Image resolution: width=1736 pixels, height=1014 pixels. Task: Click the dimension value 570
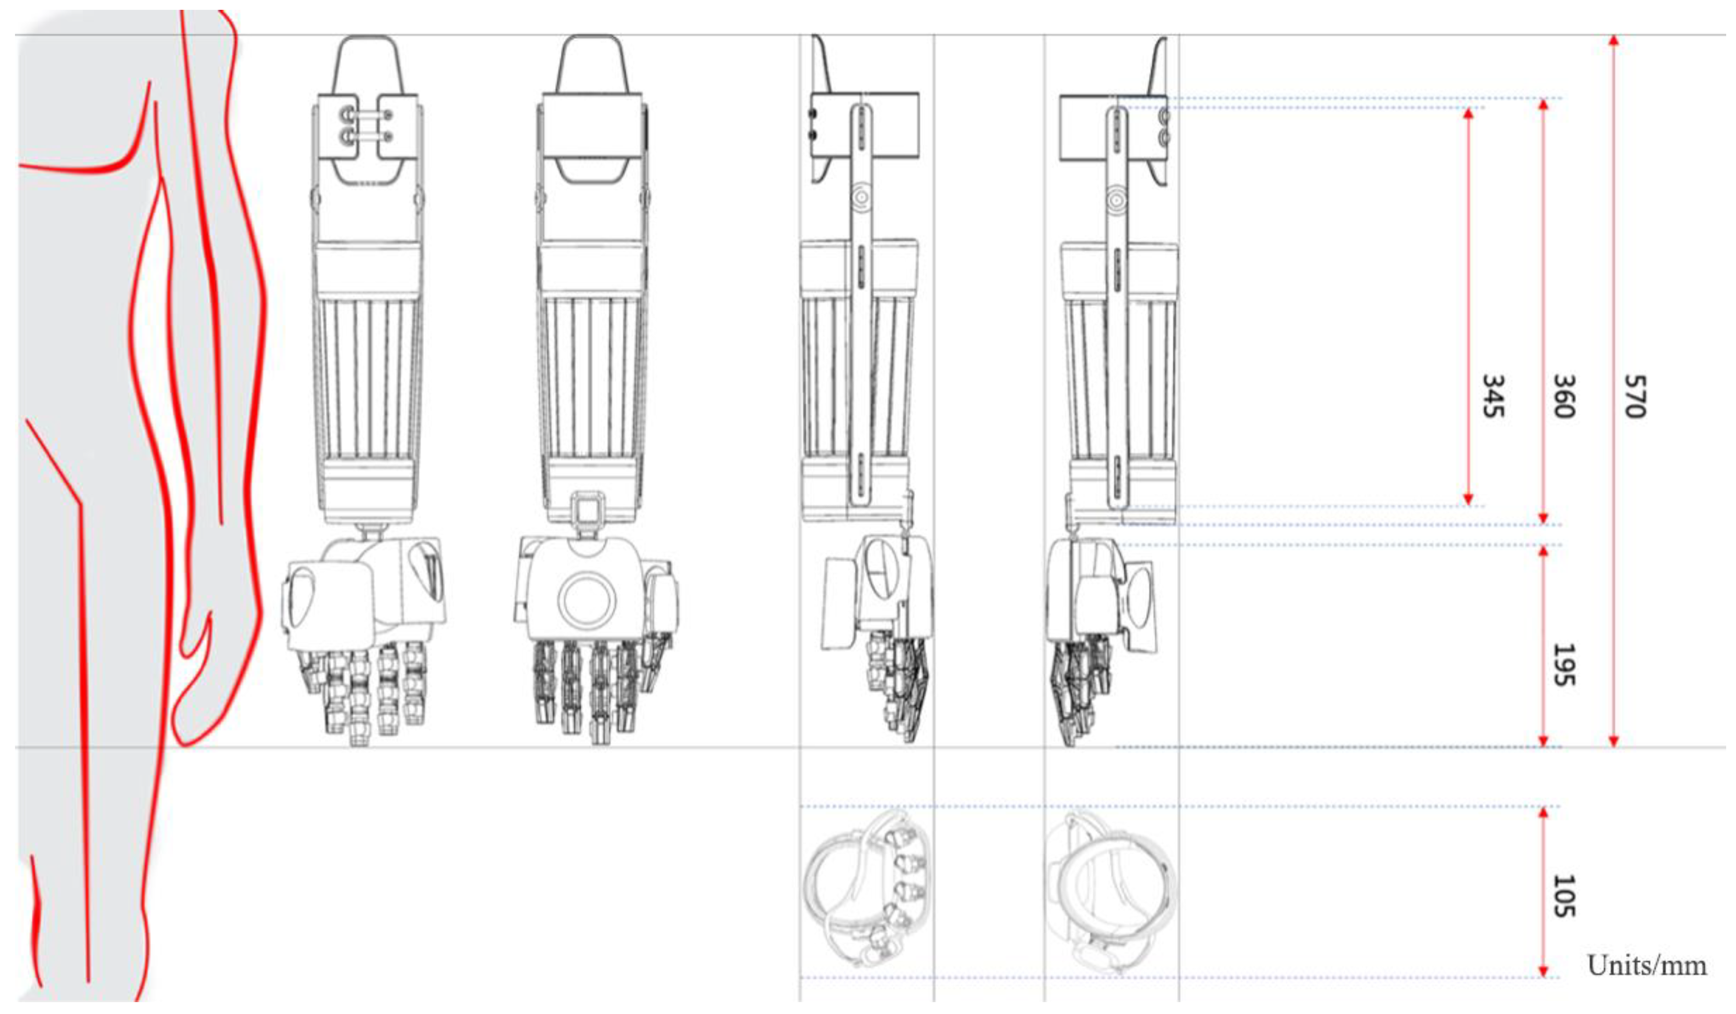(x=1635, y=397)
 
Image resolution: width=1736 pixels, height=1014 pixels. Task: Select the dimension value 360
(x=1563, y=397)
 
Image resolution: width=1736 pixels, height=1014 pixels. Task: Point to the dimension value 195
(x=1563, y=665)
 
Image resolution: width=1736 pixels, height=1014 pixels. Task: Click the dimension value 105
(x=1563, y=896)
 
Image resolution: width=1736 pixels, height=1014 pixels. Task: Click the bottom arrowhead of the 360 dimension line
(x=1543, y=518)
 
